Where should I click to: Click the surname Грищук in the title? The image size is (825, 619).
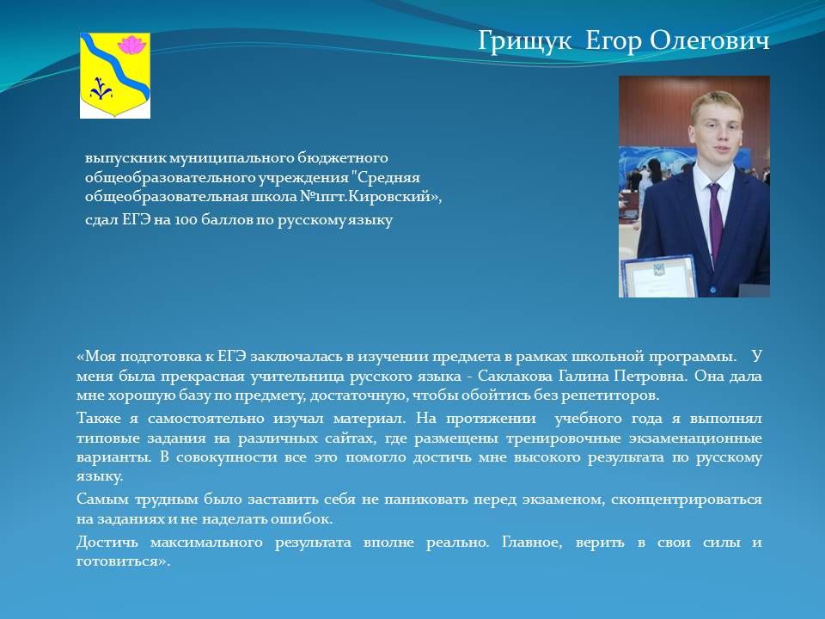524,41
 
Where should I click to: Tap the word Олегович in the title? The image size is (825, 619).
709,40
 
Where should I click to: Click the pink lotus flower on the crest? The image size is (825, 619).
131,45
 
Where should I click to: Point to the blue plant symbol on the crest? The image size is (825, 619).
101,89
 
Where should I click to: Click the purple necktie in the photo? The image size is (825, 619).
714,221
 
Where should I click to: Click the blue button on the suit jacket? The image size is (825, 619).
713,290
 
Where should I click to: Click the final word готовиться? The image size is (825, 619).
124,561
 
